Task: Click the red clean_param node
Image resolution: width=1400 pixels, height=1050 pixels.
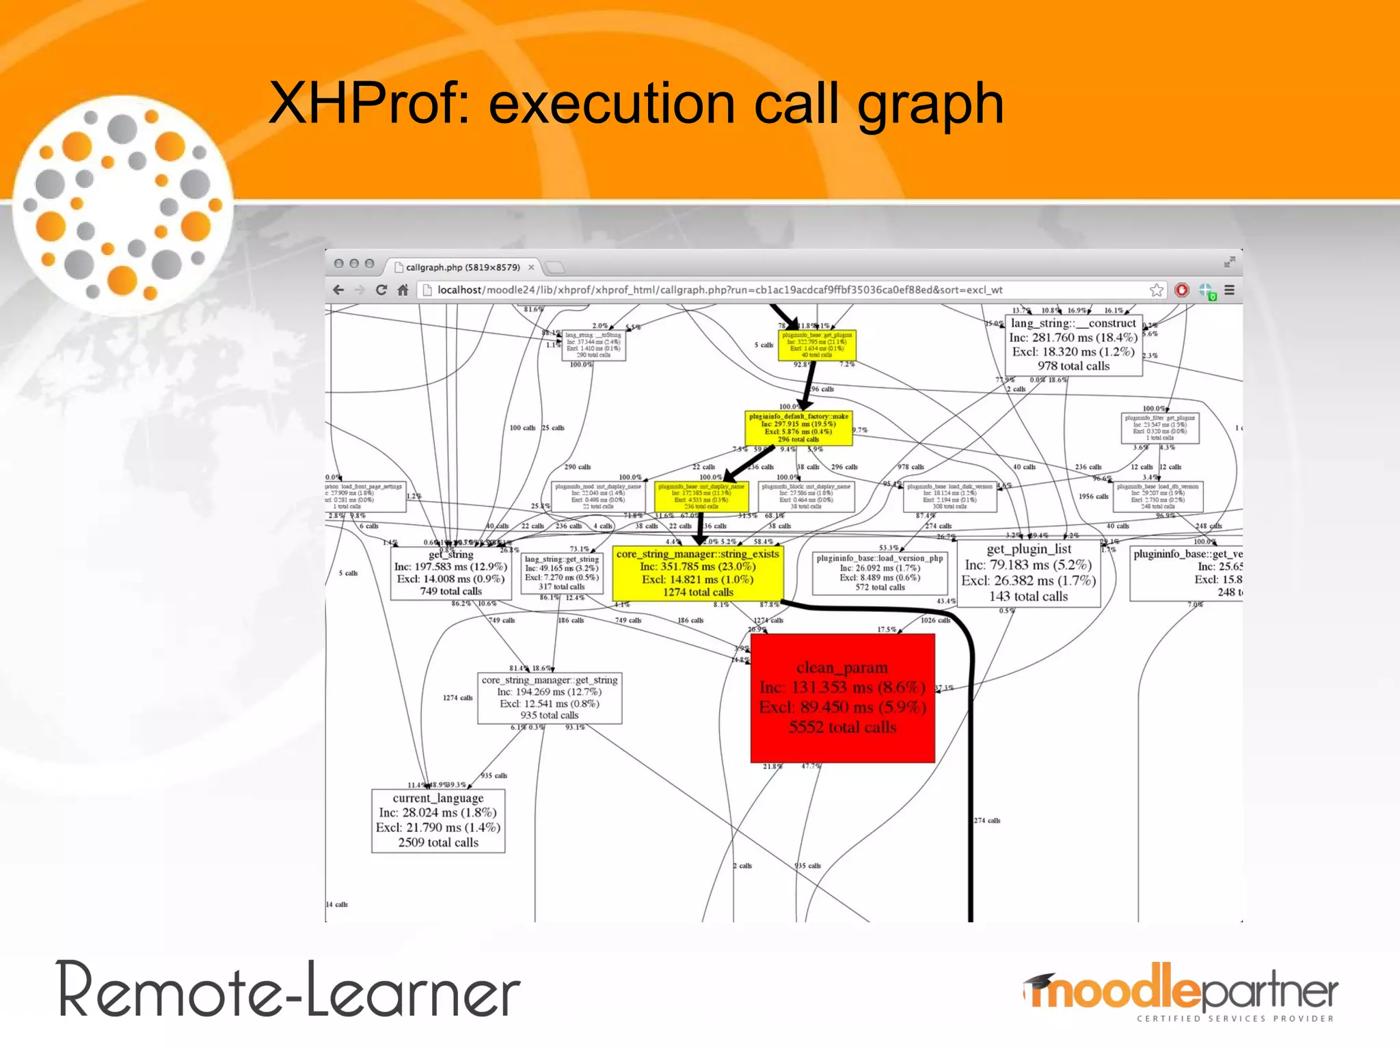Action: click(842, 698)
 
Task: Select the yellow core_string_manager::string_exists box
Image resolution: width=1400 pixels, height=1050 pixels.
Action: click(698, 573)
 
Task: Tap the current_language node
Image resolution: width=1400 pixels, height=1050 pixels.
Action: click(438, 820)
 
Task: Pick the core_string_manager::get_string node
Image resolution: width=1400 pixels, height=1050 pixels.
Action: click(550, 698)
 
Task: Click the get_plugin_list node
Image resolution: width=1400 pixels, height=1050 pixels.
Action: click(1028, 573)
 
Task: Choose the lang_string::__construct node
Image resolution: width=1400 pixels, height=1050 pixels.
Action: click(1073, 345)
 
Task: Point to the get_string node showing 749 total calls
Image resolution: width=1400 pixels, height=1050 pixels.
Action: click(450, 573)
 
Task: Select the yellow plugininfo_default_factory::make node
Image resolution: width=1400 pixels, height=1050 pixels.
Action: click(798, 428)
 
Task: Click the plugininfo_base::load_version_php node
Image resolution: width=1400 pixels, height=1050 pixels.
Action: click(880, 573)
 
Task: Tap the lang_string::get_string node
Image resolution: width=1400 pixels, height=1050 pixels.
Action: click(561, 573)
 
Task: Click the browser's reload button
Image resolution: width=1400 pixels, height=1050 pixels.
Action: click(381, 290)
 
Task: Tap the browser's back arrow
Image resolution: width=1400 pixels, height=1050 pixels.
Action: click(338, 290)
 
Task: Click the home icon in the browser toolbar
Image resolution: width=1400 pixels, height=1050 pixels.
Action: click(403, 290)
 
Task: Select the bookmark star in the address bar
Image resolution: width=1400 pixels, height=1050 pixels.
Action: click(1157, 290)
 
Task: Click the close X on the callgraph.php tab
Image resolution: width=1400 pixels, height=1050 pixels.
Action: click(531, 267)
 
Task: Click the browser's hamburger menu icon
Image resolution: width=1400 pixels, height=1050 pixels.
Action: click(1229, 290)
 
